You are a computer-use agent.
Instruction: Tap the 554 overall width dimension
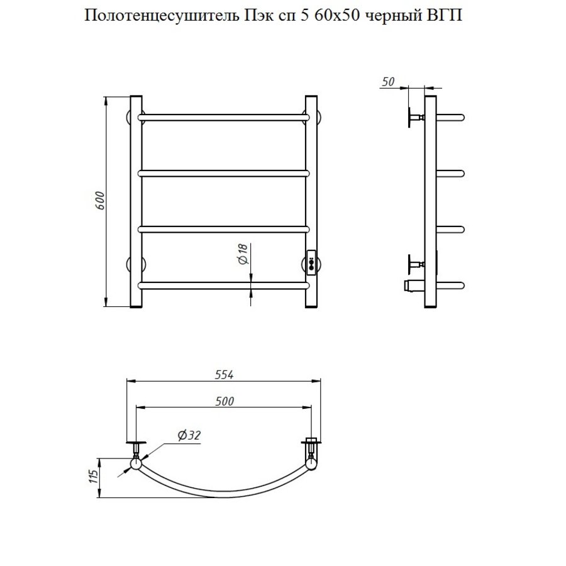tap(225, 375)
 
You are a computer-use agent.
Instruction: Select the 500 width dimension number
tap(225, 402)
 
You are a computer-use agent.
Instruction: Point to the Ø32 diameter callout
tap(188, 435)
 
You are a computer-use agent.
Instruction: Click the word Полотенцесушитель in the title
tap(160, 16)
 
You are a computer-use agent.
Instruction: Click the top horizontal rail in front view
tap(225, 116)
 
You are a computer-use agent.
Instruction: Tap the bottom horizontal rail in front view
tap(225, 286)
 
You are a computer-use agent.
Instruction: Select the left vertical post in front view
tap(135, 201)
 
